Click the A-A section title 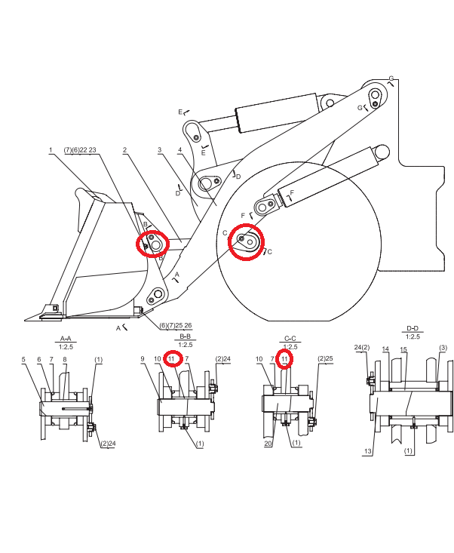click(x=66, y=339)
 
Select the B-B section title click(x=185, y=336)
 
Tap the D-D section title click(x=413, y=328)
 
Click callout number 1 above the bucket click(x=51, y=150)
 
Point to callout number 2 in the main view click(x=124, y=150)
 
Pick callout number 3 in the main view click(x=160, y=150)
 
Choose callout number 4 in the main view click(x=180, y=150)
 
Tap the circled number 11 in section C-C click(x=285, y=359)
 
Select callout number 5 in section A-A click(x=23, y=359)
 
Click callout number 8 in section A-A click(x=65, y=359)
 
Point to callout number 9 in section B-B click(x=143, y=359)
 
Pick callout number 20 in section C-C click(x=268, y=444)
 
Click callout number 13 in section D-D click(x=367, y=451)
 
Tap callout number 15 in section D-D click(x=403, y=349)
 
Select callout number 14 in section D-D click(x=385, y=349)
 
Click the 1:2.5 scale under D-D click(x=413, y=336)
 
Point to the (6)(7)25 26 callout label click(x=176, y=325)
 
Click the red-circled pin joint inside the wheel click(x=246, y=242)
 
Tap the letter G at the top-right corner click(x=391, y=78)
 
